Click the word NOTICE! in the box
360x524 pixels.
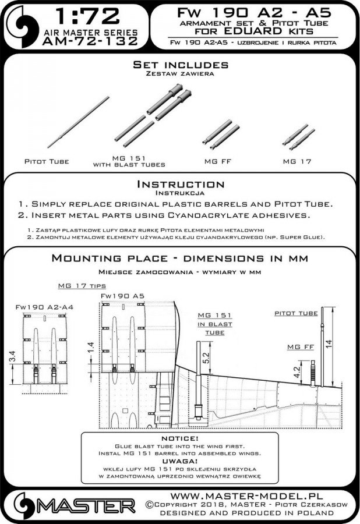[179, 438]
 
